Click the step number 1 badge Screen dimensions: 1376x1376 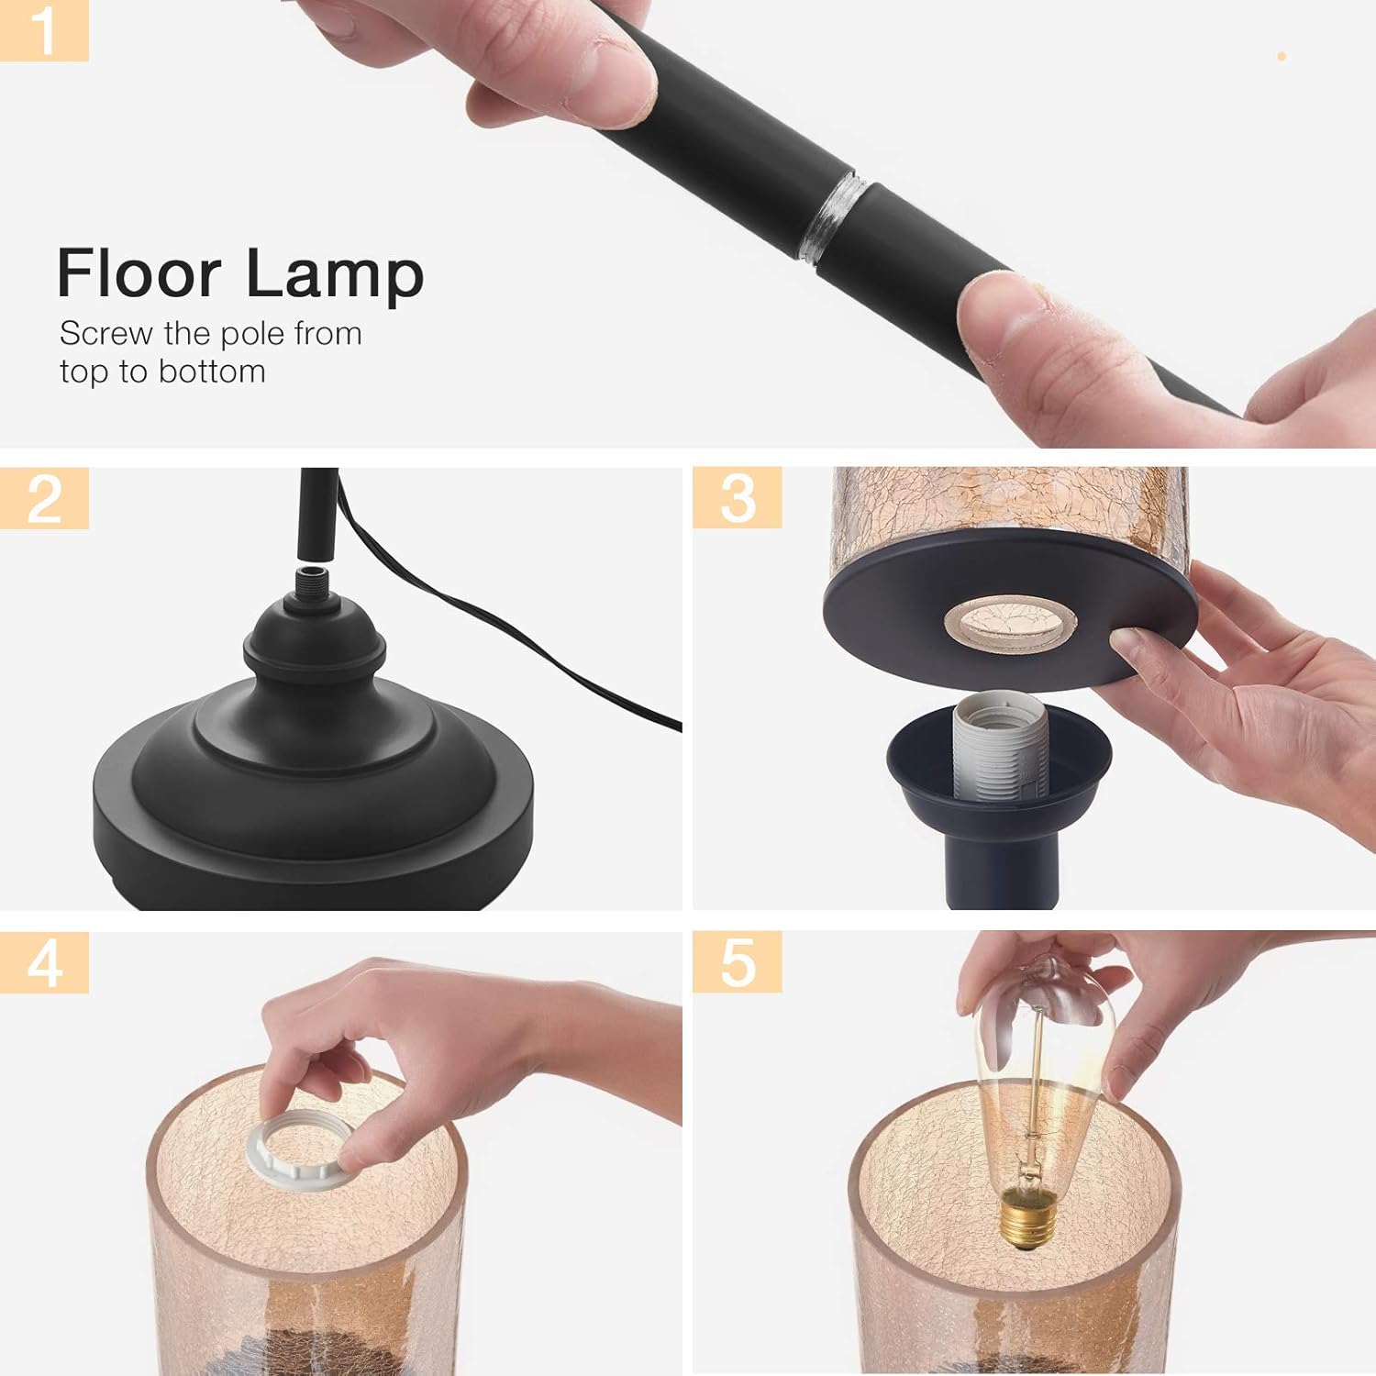click(43, 30)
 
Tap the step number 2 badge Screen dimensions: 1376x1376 click(44, 498)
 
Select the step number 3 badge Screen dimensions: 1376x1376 click(737, 498)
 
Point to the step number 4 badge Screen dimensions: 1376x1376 click(44, 962)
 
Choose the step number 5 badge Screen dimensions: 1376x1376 click(737, 962)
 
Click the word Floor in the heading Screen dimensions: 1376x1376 click(139, 273)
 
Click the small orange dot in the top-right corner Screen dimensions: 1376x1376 click(1282, 57)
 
